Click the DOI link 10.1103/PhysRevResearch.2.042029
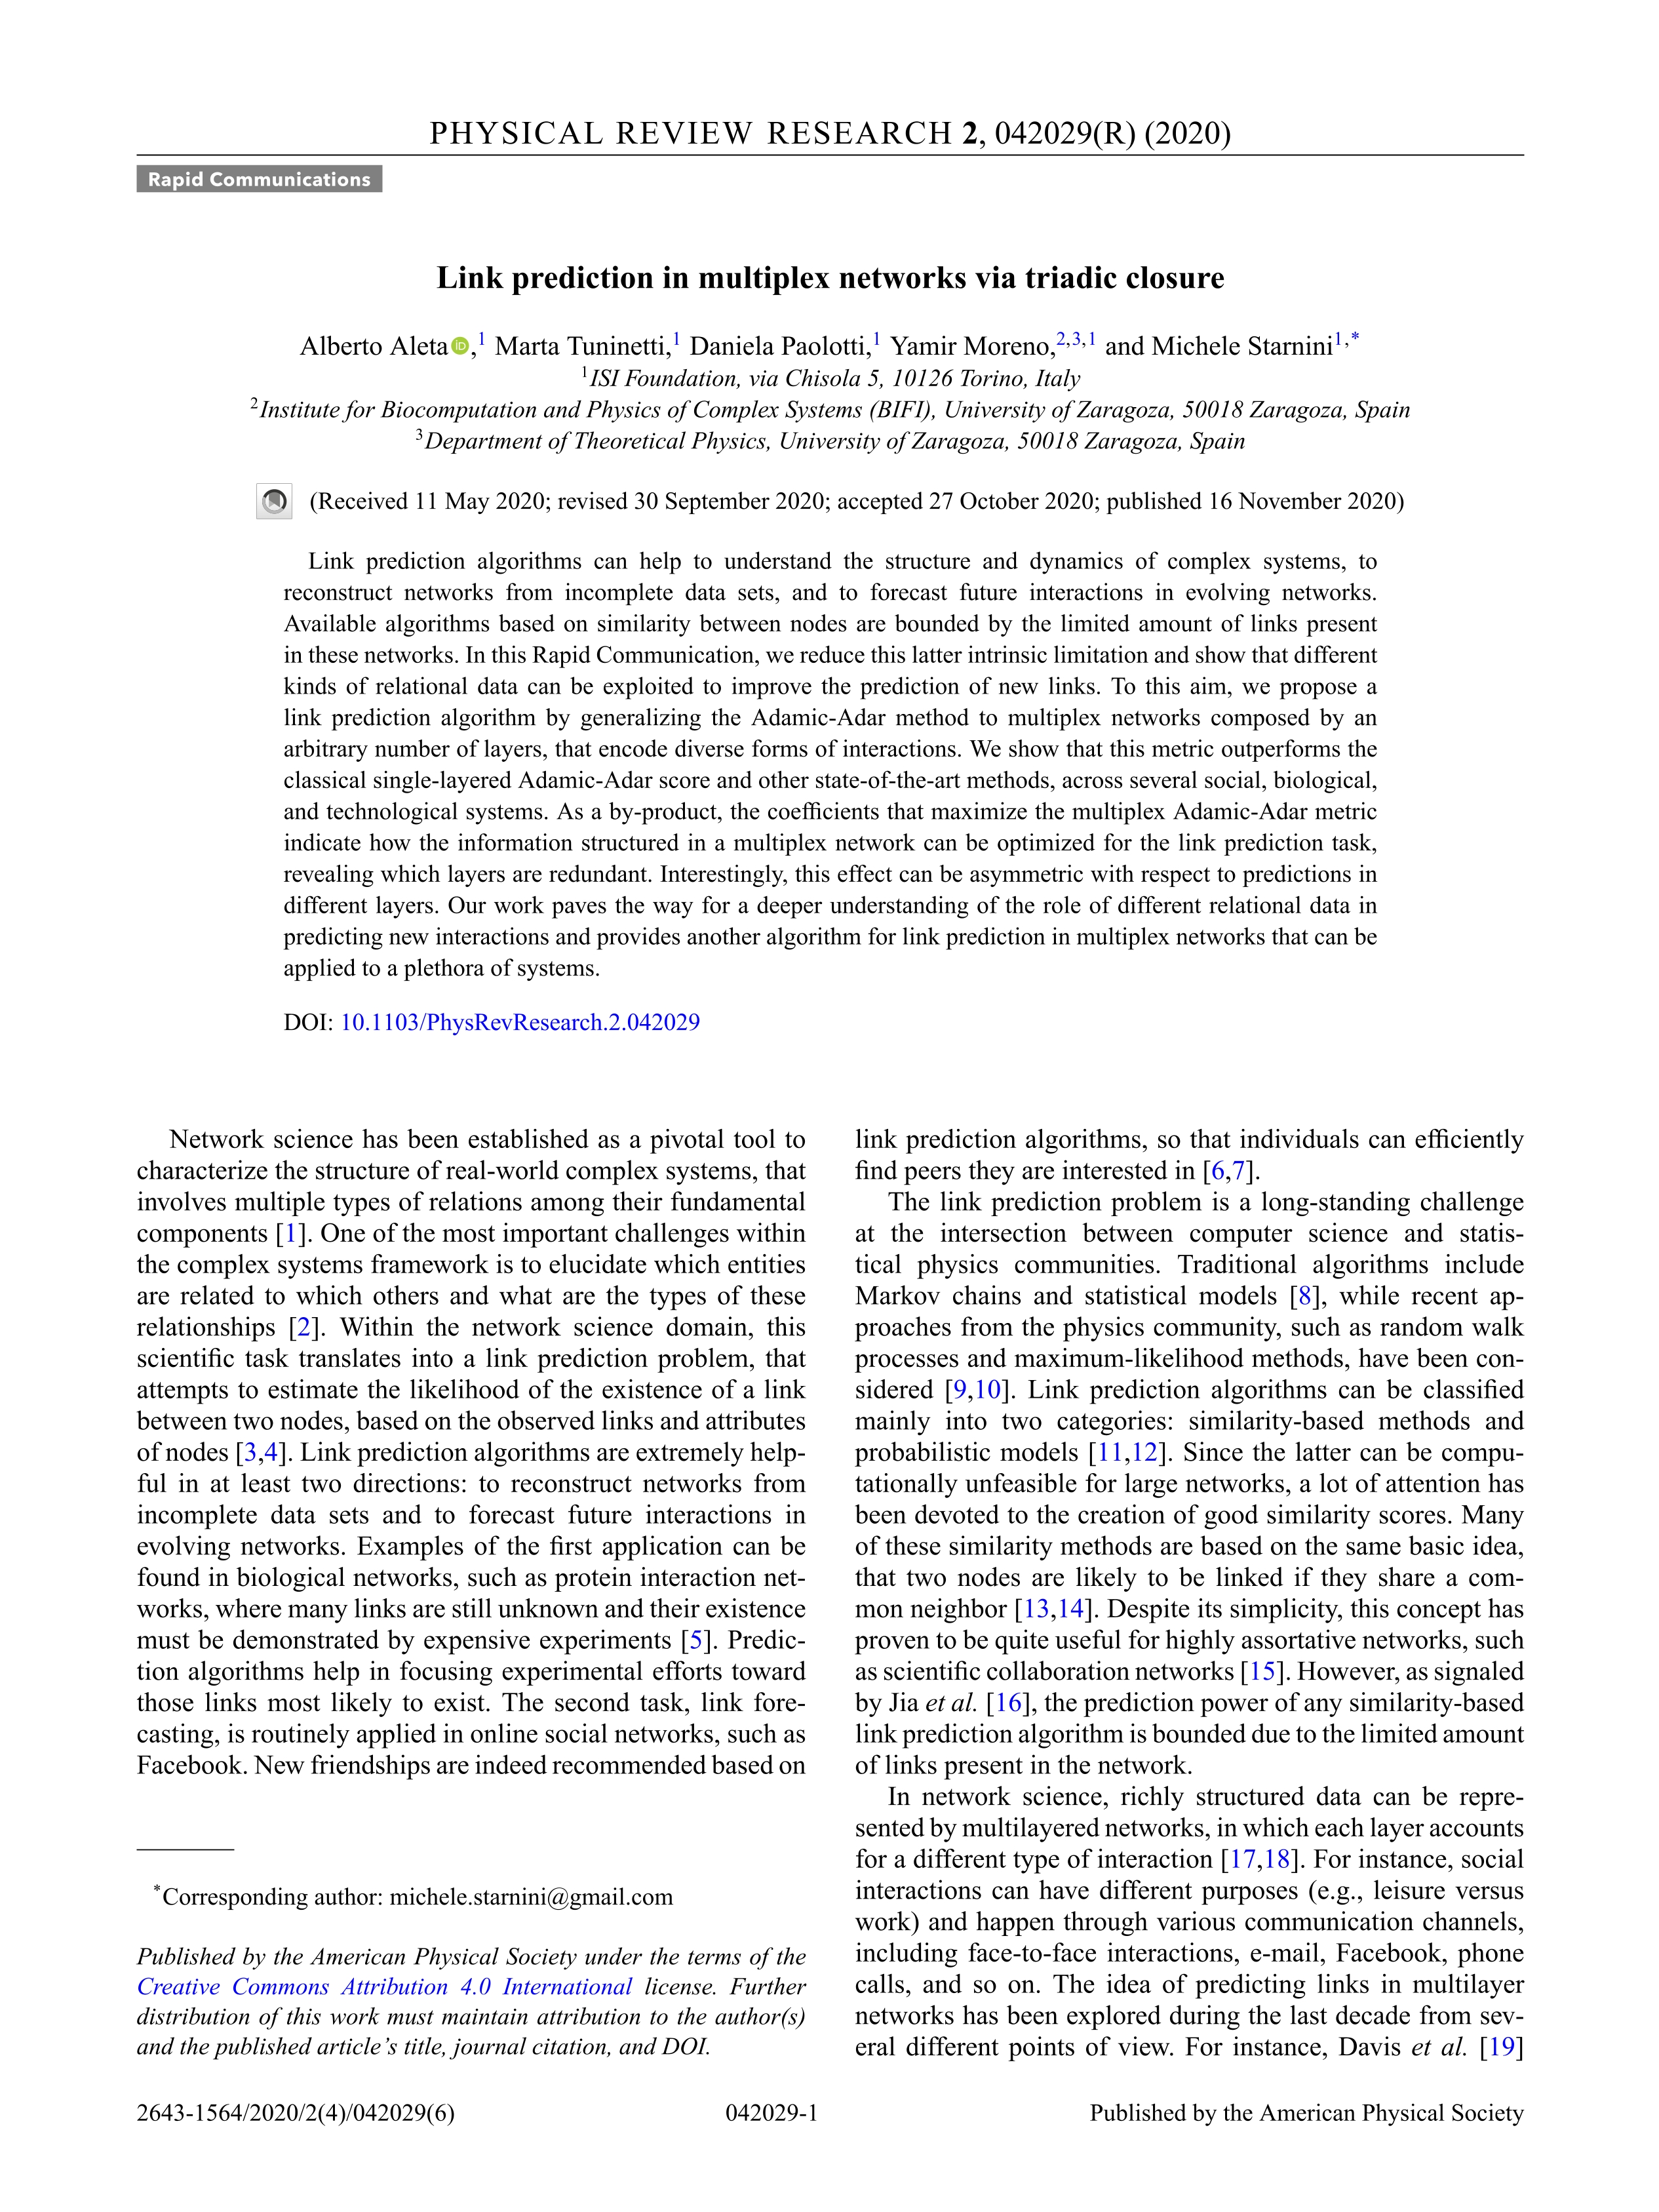pyautogui.click(x=520, y=1022)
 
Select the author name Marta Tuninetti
pyautogui.click(x=580, y=346)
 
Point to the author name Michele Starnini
pyautogui.click(x=1242, y=346)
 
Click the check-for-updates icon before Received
pyautogui.click(x=274, y=501)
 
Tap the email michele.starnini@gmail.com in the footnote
pyautogui.click(x=531, y=1897)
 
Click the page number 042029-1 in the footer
pyautogui.click(x=771, y=2113)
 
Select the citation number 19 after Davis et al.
pyautogui.click(x=1502, y=2046)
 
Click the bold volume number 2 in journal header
pyautogui.click(x=968, y=133)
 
